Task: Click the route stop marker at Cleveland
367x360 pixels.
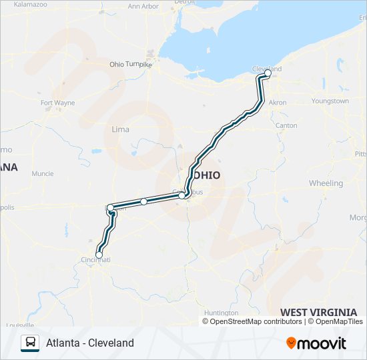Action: click(268, 74)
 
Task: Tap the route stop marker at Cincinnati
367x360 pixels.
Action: click(99, 255)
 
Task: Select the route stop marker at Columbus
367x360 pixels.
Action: click(181, 195)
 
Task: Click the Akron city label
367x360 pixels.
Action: click(277, 103)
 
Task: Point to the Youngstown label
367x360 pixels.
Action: click(330, 101)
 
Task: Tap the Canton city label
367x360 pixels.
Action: click(286, 125)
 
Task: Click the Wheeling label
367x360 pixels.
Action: click(326, 183)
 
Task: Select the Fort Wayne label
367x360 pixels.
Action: click(57, 103)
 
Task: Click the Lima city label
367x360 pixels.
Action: click(120, 129)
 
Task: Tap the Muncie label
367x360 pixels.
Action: click(42, 174)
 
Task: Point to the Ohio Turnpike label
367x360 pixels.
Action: click(131, 65)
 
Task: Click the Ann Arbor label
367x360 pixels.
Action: click(142, 7)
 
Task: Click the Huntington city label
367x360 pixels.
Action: click(221, 313)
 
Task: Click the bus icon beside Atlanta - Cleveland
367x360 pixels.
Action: click(30, 343)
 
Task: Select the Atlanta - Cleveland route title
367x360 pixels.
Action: click(90, 343)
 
